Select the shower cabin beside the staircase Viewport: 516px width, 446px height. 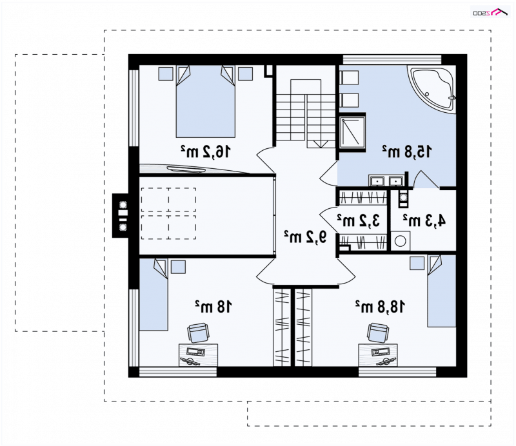click(352, 132)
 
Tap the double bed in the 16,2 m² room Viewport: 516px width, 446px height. click(206, 101)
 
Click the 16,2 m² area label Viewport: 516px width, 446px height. click(206, 152)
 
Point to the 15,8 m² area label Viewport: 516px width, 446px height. click(407, 151)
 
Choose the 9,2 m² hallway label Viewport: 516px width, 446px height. click(306, 237)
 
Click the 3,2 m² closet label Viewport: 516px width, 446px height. click(359, 220)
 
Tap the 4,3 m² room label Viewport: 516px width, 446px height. click(424, 220)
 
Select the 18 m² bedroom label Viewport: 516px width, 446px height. click(213, 307)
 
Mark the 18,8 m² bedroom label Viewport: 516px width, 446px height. click(380, 307)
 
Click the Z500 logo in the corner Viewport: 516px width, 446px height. click(490, 12)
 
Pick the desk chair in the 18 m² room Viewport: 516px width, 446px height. click(198, 333)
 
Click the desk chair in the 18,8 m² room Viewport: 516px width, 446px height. click(378, 333)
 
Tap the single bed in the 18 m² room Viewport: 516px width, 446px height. click(154, 295)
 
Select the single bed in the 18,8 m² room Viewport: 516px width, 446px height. click(442, 291)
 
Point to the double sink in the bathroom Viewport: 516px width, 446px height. click(386, 181)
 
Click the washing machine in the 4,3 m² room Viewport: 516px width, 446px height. click(401, 241)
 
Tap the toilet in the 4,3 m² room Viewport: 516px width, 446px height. click(402, 199)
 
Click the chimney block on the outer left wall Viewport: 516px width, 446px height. click(121, 215)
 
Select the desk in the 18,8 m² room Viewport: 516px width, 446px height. click(378, 355)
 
